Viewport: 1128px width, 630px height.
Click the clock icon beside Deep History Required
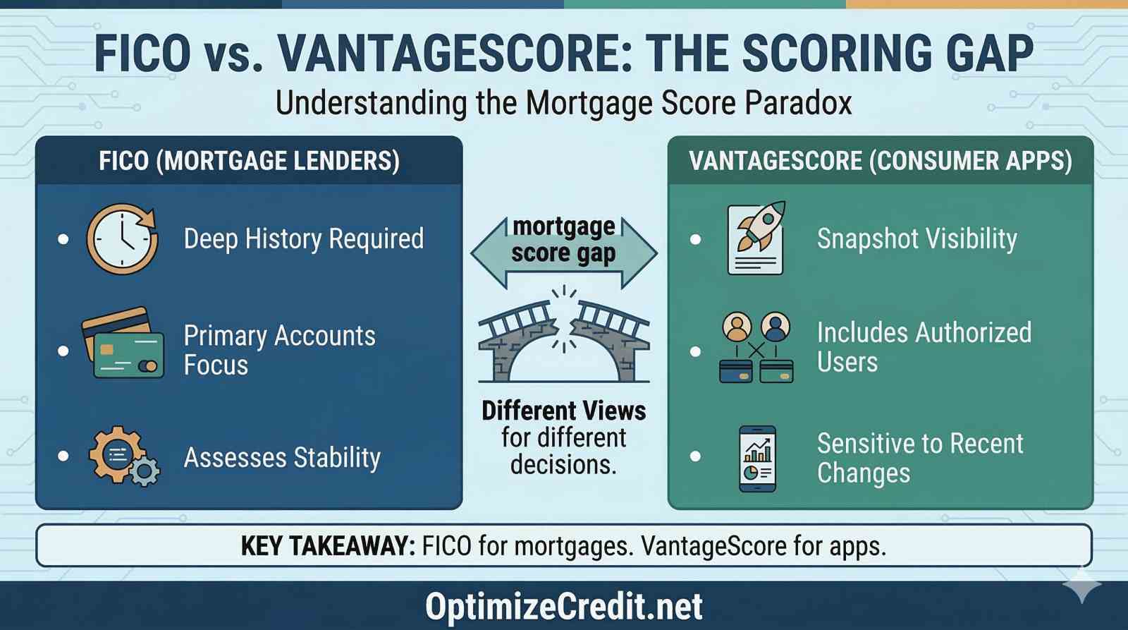[x=123, y=239]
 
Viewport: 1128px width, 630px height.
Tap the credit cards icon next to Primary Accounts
[x=123, y=344]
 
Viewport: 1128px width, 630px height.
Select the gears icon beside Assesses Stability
[x=123, y=456]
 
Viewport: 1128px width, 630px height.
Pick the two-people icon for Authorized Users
[x=756, y=348]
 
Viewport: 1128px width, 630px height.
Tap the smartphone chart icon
[x=758, y=459]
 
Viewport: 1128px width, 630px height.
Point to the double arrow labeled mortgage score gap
[x=564, y=252]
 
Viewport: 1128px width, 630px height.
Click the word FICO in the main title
[x=142, y=53]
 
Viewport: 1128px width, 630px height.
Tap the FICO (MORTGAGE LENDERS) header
[x=249, y=161]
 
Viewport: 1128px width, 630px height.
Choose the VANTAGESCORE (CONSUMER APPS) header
[x=880, y=161]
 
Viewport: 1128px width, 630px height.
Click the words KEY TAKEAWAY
[x=328, y=545]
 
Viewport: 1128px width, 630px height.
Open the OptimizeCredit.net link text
[x=564, y=606]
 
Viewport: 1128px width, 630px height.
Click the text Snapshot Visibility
[x=916, y=239]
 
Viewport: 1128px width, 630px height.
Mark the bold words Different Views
[x=564, y=411]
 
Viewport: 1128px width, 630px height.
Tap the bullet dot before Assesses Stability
[x=63, y=456]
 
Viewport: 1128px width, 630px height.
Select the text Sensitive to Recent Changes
[x=919, y=458]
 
